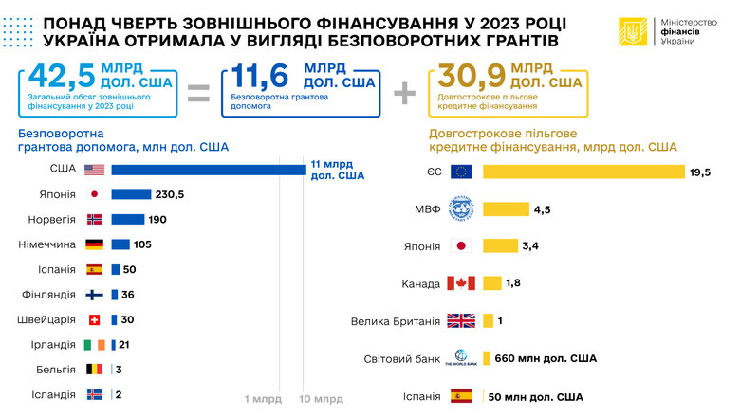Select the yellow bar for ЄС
[x=583, y=172]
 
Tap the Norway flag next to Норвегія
[x=94, y=219]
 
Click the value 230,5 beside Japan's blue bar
[x=170, y=194]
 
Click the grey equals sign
[x=198, y=92]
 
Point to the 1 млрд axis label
[x=263, y=399]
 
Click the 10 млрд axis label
[x=322, y=399]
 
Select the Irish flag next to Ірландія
[x=94, y=344]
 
